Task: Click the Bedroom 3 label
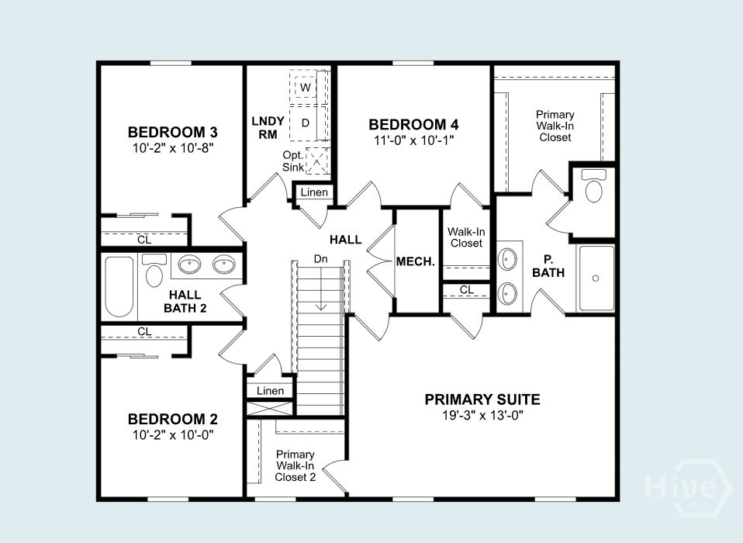coord(172,130)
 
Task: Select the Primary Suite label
coord(482,400)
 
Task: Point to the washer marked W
coord(305,88)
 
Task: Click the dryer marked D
coord(305,123)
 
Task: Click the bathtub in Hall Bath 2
coord(119,286)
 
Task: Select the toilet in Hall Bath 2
coord(154,271)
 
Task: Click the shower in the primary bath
coord(596,277)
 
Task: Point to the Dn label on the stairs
coord(321,259)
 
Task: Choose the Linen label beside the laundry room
coord(314,192)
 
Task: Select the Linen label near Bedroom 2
coord(270,391)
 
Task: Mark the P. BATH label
coord(548,266)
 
